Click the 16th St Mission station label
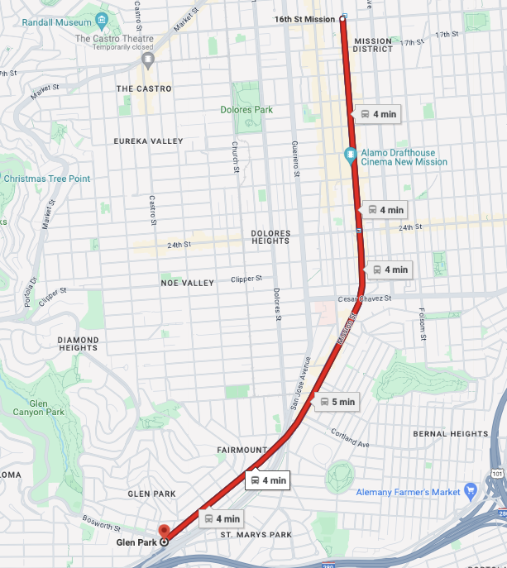306,18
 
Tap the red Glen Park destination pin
163,531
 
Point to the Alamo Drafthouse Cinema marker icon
351,155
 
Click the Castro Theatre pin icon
148,59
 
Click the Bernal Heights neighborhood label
451,434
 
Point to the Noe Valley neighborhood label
187,284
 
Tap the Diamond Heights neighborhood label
79,344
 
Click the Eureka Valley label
149,141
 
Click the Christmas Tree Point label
46,179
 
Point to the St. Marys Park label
256,535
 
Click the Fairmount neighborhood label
242,450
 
